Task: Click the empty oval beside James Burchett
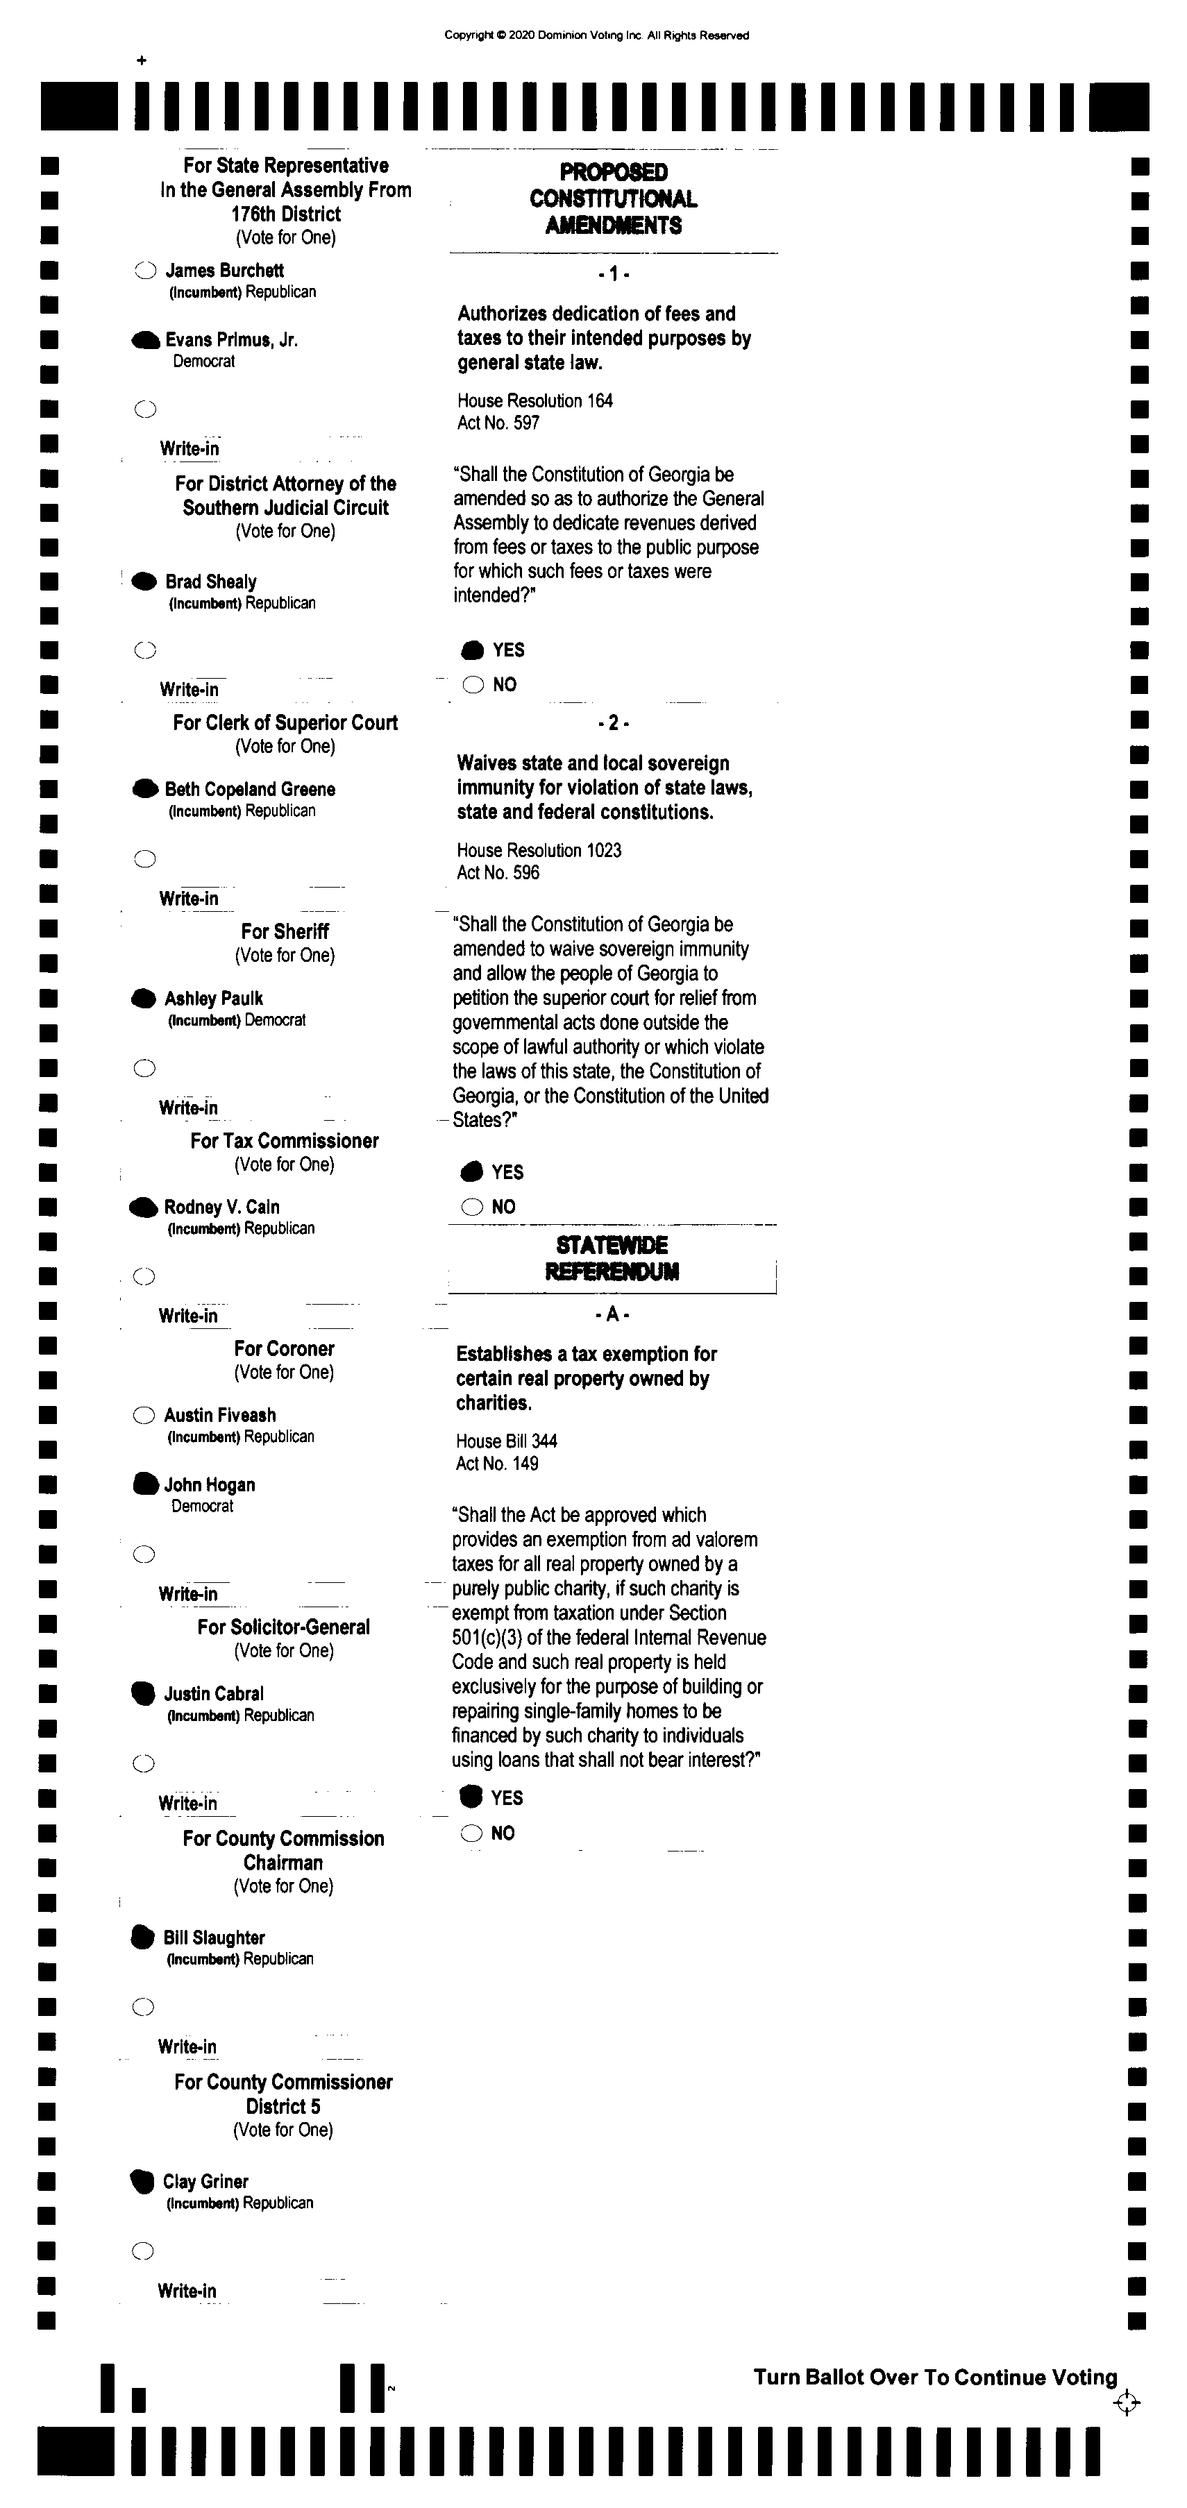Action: (145, 271)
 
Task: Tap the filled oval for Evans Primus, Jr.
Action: (145, 340)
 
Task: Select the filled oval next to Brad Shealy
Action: (144, 582)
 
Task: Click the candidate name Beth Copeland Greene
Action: (249, 788)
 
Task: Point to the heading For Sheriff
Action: (285, 931)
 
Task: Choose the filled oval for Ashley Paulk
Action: (143, 998)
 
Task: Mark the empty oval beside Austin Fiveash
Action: (143, 1414)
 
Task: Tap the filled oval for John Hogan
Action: (144, 1484)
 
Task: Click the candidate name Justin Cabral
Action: (213, 1693)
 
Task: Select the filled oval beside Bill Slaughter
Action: (142, 1938)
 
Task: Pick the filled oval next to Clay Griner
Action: (142, 2181)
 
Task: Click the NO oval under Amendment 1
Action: (473, 684)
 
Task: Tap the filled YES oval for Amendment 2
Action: (472, 1171)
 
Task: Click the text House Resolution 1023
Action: (539, 850)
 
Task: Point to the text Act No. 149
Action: (496, 1464)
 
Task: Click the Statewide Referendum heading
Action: (612, 1258)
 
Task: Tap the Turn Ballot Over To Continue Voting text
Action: (935, 2377)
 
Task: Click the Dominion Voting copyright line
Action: (596, 35)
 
